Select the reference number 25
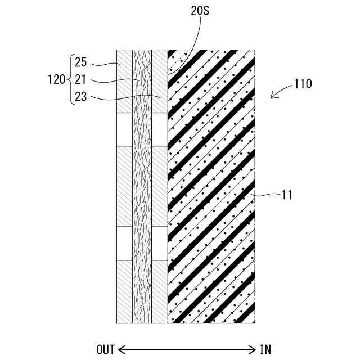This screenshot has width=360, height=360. coord(80,63)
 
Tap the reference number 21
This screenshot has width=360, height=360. coord(80,80)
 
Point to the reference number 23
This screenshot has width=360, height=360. coord(80,96)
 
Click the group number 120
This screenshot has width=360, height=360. coord(56,79)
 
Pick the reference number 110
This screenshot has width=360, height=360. coord(303,84)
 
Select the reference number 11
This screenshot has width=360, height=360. coord(287,195)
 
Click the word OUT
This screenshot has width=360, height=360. coord(105,349)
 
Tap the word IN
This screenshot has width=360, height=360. coord(265,349)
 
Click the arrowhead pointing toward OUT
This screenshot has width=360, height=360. coord(120,349)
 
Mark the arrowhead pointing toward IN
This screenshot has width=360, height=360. coord(254,349)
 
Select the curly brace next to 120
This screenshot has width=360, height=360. coord(70,79)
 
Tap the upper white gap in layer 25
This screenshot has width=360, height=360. coord(124,129)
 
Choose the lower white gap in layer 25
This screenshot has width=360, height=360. coord(124,243)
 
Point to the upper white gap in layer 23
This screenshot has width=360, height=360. coord(160,129)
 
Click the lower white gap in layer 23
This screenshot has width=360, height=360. coord(160,243)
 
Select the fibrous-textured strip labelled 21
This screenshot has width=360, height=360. coord(142,186)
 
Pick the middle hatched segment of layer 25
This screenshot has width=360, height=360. coord(124,186)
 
